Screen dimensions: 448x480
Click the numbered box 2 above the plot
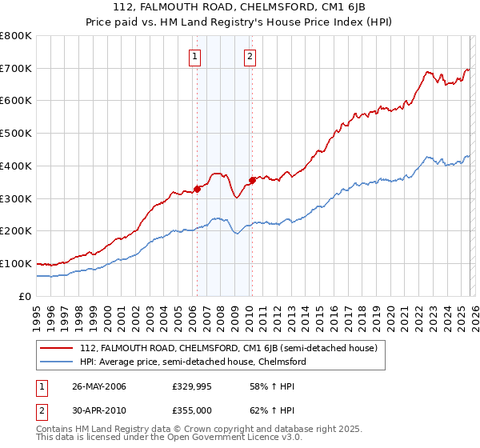(x=250, y=56)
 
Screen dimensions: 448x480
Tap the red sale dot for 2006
(x=197, y=190)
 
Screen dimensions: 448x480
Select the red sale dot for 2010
(x=252, y=180)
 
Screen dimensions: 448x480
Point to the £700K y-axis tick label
(x=16, y=69)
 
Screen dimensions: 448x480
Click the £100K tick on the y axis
(x=16, y=264)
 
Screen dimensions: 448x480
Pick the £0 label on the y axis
(x=26, y=296)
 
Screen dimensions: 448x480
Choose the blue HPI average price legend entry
(x=193, y=362)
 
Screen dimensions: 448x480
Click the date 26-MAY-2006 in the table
(x=99, y=386)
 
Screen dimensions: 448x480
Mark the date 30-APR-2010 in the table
(x=99, y=409)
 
